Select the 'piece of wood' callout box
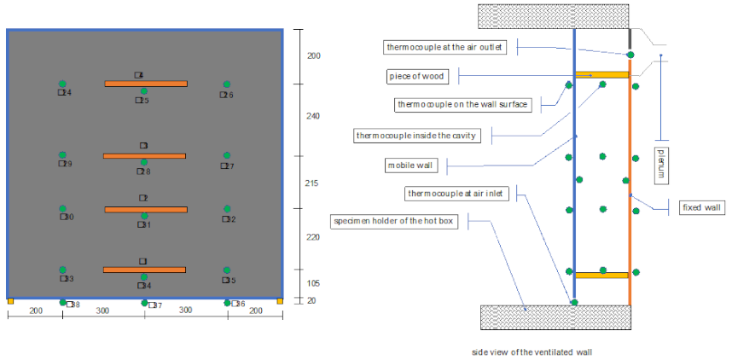(417, 77)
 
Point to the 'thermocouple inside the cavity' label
(416, 135)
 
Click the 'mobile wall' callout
(408, 164)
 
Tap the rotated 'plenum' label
(659, 164)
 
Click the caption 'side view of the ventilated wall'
(532, 351)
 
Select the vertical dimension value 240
(314, 116)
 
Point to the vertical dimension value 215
(314, 183)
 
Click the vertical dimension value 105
(314, 283)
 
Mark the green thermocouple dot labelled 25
(144, 91)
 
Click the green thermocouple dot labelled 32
(227, 208)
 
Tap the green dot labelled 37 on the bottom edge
(144, 302)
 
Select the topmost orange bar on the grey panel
(145, 84)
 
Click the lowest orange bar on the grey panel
(144, 270)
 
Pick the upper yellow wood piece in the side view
(602, 75)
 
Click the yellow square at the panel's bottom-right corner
(280, 301)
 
